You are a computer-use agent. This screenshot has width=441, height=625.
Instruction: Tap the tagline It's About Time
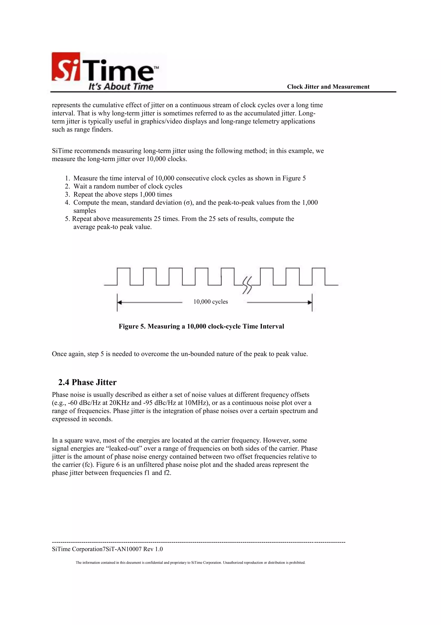121,87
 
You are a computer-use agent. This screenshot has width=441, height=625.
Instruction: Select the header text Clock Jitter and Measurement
328,87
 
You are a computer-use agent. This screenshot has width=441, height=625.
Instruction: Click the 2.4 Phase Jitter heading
87,382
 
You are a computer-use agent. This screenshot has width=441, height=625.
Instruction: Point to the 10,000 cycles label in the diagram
210,302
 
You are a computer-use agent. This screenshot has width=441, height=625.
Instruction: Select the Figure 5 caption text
201,326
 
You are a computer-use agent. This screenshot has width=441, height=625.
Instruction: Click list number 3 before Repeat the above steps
67,195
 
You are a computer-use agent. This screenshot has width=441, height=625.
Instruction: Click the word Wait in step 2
80,186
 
